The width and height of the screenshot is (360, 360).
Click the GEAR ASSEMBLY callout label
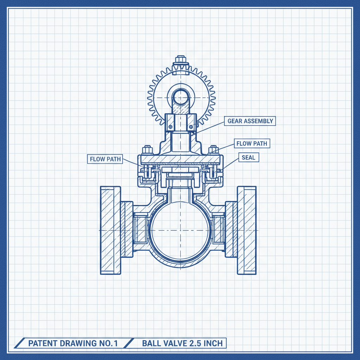click(250, 121)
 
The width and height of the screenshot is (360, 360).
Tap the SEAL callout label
click(249, 157)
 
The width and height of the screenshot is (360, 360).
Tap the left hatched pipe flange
click(110, 230)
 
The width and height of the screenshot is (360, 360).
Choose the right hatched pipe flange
click(247, 230)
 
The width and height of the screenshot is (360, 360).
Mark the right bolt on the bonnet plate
click(213, 150)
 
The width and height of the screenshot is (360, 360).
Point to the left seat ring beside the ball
click(140, 230)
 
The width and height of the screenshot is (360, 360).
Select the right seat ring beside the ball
click(219, 230)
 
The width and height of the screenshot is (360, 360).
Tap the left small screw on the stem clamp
click(170, 127)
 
